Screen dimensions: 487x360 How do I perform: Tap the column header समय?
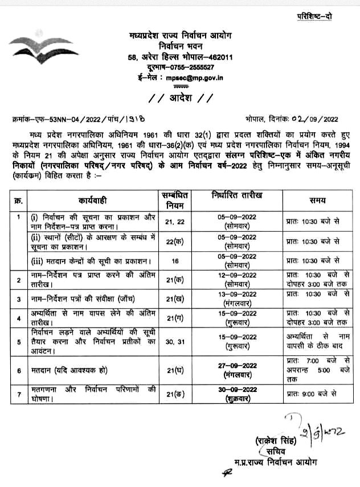pyautogui.click(x=317, y=201)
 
